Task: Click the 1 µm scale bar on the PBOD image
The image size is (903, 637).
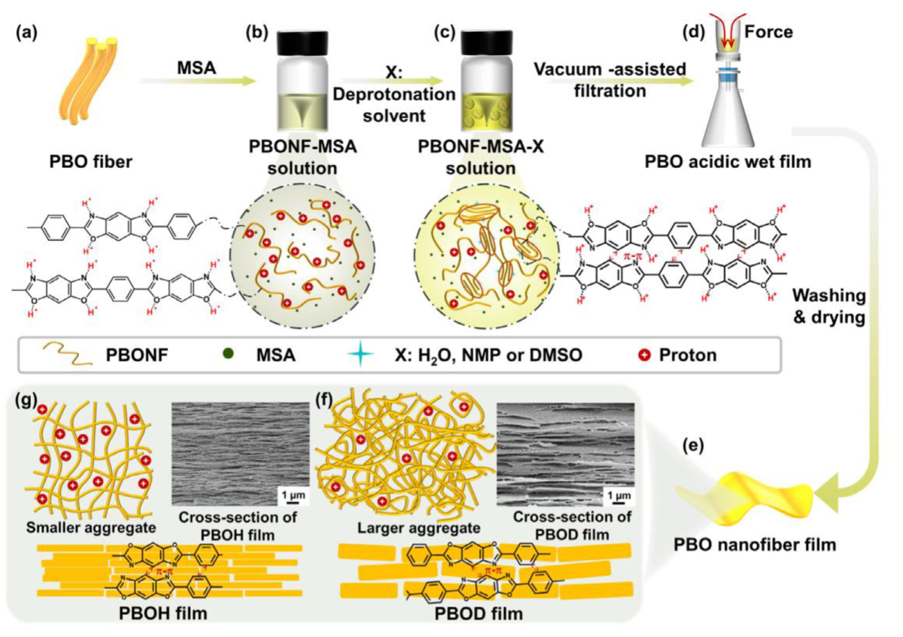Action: coord(619,495)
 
